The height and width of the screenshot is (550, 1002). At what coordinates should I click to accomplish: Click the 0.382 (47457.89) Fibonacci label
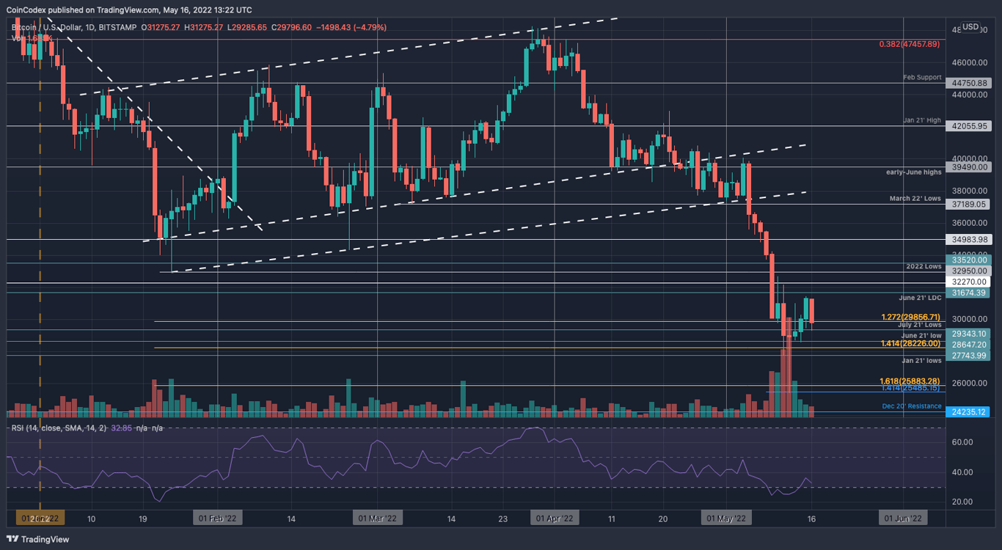click(x=909, y=44)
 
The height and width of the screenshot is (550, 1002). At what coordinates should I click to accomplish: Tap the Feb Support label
click(x=922, y=77)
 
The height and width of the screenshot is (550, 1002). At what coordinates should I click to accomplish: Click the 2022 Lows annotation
click(x=924, y=266)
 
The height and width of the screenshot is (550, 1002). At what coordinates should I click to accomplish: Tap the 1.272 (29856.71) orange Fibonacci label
click(x=910, y=318)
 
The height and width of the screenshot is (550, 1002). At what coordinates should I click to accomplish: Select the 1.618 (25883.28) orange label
click(x=910, y=381)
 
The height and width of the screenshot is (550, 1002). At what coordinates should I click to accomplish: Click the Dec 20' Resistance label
click(x=912, y=406)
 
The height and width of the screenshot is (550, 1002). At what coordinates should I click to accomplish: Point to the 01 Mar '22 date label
click(x=377, y=518)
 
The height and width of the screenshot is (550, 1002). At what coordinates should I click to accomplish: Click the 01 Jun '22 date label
click(x=904, y=518)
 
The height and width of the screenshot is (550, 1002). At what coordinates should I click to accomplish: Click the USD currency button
click(x=970, y=27)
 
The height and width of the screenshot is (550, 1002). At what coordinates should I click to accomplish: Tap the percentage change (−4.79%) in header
click(x=370, y=28)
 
